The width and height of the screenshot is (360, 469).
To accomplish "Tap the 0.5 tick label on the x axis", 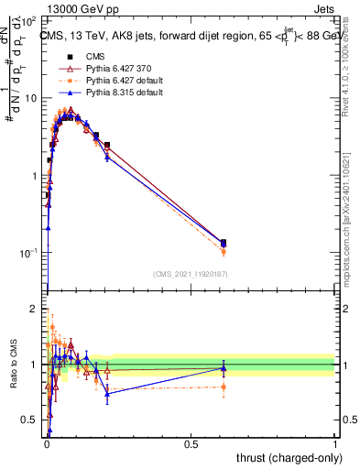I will (191, 444).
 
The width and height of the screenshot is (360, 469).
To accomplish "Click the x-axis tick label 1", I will (335, 444).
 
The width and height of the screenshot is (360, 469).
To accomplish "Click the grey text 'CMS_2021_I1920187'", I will (190, 273).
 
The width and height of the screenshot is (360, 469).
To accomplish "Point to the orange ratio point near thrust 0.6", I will (224, 387).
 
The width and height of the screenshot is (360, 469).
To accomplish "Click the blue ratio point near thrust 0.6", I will (224, 368).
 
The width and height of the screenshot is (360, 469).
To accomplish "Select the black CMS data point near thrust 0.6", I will (224, 243).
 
